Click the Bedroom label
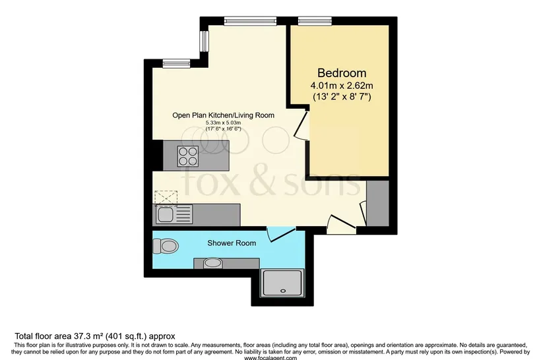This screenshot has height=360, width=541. pos(342,73)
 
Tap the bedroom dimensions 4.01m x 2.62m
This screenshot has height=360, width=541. pos(342,85)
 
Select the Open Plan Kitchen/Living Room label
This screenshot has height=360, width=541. pos(223,115)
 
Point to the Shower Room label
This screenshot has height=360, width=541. pos(232,243)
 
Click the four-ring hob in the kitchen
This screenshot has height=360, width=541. pos(187,156)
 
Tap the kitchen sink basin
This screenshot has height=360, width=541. pos(165,215)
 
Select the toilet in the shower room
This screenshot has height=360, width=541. pos(165,246)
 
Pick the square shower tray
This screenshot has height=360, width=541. pos(283,283)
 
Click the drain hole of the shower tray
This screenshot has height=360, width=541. pos(283,291)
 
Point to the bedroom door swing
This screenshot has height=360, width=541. pos(301,125)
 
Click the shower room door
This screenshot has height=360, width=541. pos(281,234)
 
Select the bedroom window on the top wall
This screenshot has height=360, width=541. pos(315,21)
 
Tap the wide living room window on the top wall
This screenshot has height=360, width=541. pos(250,21)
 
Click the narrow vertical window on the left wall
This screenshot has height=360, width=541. pos(205,41)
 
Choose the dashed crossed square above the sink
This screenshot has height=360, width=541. pos(166,198)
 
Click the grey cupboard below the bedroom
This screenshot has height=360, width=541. pos(377,204)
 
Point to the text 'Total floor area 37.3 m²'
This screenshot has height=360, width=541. pos(59,336)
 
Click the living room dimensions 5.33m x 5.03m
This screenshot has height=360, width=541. pos(223,123)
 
